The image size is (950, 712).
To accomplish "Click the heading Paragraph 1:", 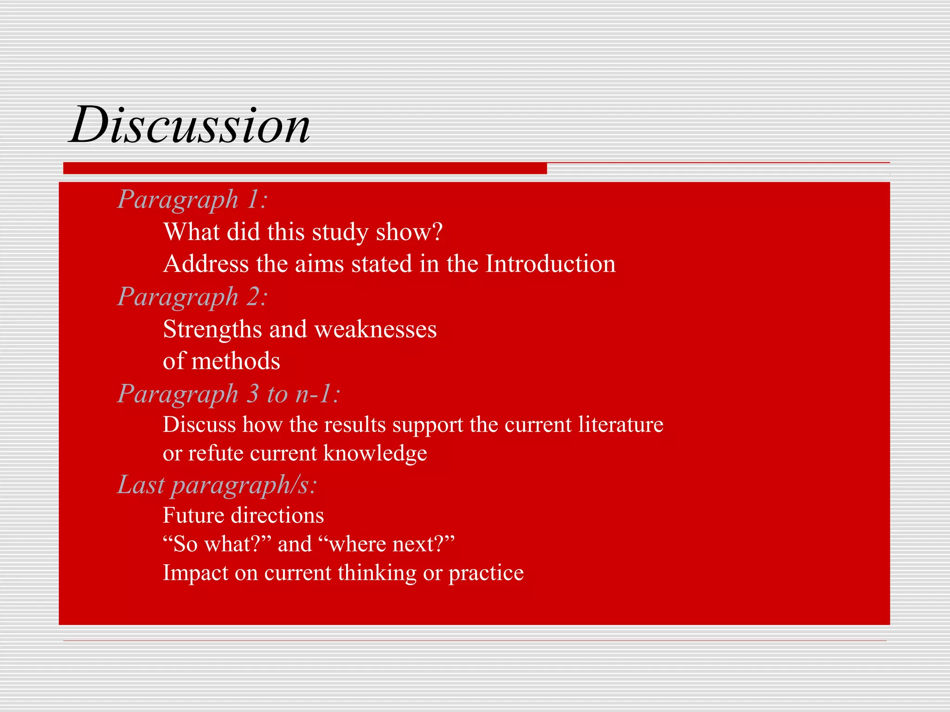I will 192,199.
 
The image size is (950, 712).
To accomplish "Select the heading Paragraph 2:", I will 192,297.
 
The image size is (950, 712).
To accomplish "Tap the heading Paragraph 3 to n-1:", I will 228,394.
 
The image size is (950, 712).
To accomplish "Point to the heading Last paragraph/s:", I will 217,485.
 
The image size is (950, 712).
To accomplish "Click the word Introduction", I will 550,264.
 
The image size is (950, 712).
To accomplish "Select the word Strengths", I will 212,329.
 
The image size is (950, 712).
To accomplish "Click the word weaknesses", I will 375,329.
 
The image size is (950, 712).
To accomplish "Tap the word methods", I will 236,361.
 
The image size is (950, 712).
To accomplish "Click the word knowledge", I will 375,453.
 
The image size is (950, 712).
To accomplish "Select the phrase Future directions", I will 243,515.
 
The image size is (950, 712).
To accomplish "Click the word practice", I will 486,573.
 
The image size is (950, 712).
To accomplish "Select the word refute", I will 215,453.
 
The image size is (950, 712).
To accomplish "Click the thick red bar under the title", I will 305,168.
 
